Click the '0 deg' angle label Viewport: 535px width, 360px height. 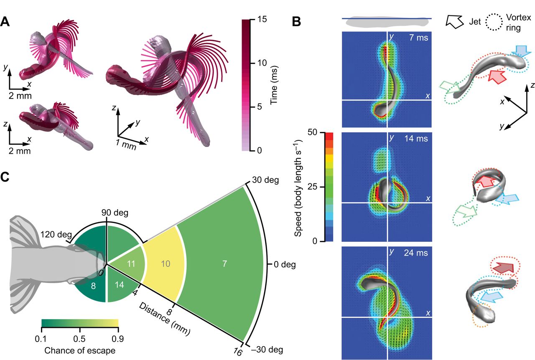click(285, 264)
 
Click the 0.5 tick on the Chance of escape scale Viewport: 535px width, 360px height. click(80, 337)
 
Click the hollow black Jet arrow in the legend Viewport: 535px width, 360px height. click(453, 20)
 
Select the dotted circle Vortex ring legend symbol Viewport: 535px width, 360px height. click(494, 20)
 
